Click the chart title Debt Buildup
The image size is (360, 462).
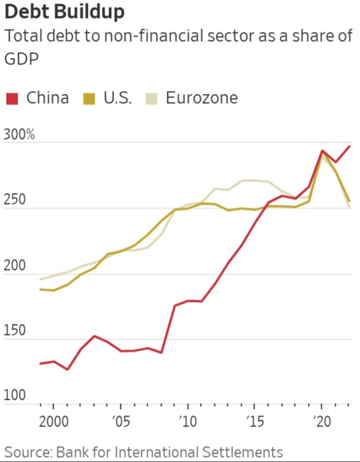click(x=64, y=12)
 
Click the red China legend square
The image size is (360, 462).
click(x=12, y=98)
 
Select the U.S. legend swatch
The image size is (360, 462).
click(x=90, y=98)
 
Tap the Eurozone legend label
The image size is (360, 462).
click(x=202, y=98)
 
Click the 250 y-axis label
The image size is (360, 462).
click(x=15, y=200)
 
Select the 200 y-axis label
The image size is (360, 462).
click(x=15, y=266)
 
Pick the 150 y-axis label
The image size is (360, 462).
click(x=15, y=332)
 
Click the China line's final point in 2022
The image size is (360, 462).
click(x=349, y=146)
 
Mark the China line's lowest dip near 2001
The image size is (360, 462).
click(x=67, y=370)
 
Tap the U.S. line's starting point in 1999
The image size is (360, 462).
click(x=40, y=289)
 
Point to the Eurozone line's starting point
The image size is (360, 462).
click(x=40, y=279)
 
